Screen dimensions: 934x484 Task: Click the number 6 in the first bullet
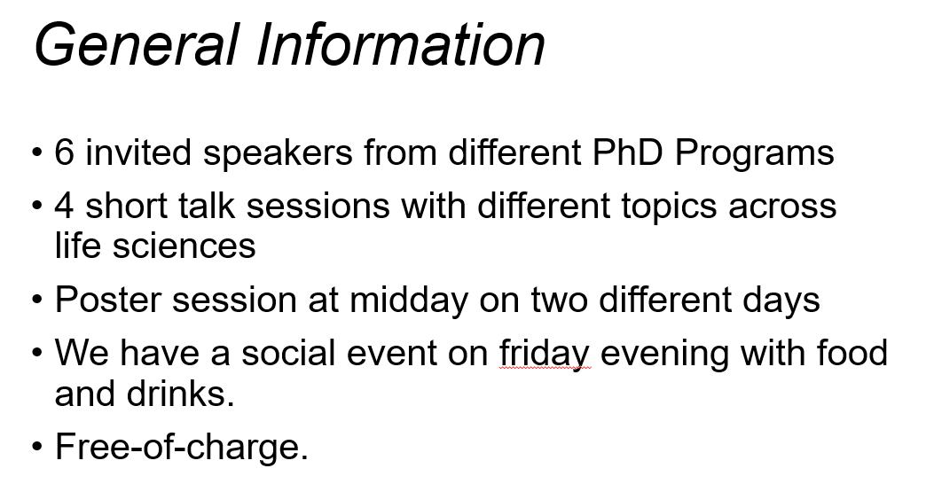click(65, 152)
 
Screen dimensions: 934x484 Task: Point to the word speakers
click(278, 156)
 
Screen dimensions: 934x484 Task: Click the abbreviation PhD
click(627, 152)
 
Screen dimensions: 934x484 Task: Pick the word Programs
click(754, 156)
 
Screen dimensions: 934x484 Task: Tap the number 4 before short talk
click(65, 206)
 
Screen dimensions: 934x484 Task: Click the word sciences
click(184, 246)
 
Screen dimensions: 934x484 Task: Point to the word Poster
click(108, 299)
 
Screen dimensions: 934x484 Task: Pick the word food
click(852, 353)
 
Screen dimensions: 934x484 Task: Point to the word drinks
click(180, 394)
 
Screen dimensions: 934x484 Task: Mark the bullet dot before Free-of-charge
click(37, 447)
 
